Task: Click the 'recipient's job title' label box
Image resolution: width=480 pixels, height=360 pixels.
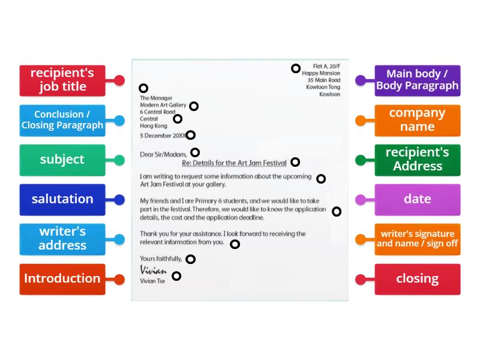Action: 62,80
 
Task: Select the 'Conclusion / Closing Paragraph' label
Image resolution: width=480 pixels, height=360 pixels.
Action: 62,120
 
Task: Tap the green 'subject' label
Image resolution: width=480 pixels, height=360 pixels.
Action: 62,160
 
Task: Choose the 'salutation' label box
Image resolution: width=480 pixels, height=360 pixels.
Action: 62,199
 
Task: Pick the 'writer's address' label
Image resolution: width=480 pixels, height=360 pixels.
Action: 62,239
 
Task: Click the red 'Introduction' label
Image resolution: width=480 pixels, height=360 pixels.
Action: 62,278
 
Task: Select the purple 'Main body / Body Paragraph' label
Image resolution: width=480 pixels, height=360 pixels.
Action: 417,80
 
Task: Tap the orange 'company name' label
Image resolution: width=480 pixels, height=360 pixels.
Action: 417,120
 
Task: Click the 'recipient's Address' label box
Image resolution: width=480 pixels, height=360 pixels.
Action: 417,160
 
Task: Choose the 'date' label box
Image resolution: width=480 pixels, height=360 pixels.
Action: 417,199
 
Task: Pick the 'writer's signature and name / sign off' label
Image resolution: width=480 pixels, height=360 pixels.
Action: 417,239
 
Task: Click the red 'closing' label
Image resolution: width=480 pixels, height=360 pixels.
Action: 417,278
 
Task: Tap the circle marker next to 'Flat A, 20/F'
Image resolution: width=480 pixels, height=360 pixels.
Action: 296,68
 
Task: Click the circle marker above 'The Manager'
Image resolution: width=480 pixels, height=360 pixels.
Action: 143,88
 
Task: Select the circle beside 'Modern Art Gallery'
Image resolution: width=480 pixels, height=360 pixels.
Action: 194,106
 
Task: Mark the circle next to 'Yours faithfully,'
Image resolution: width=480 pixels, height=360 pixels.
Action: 190,259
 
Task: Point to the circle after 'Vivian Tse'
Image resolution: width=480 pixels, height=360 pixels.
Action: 176,276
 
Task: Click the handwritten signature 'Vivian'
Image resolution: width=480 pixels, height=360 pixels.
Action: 153,270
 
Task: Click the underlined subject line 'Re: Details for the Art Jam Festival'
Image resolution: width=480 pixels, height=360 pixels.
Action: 234,163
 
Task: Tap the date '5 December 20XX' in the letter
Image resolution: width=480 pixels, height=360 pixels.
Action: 162,136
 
